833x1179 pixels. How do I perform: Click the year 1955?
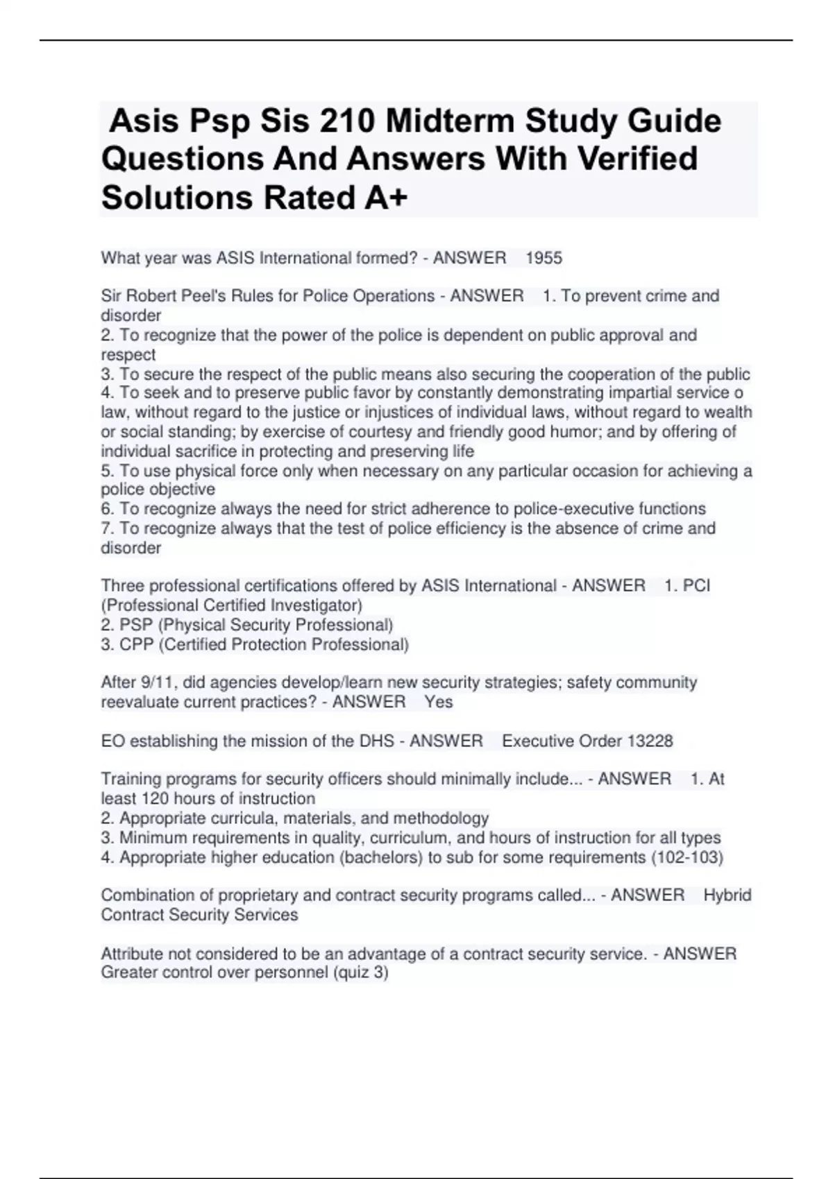tap(544, 259)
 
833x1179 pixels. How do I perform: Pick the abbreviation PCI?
tap(696, 586)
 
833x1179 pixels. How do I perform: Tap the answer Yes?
tap(439, 702)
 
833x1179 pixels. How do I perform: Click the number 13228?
tap(650, 741)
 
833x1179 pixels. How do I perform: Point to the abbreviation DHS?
tap(376, 741)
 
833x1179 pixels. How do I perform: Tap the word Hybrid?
tap(727, 895)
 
